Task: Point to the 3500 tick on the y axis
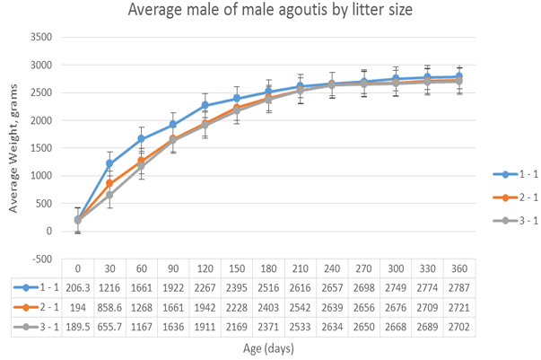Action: pyautogui.click(x=41, y=39)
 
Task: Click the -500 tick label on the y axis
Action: pyautogui.click(x=42, y=259)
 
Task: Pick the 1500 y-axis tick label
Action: pyautogui.click(x=41, y=148)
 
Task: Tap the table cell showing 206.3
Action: pyautogui.click(x=78, y=287)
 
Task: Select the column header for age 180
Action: pyautogui.click(x=268, y=268)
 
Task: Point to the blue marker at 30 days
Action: pyautogui.click(x=109, y=164)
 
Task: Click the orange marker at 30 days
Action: pyautogui.click(x=109, y=184)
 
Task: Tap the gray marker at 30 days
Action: pyautogui.click(x=109, y=195)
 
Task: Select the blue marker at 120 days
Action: pyautogui.click(x=205, y=106)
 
